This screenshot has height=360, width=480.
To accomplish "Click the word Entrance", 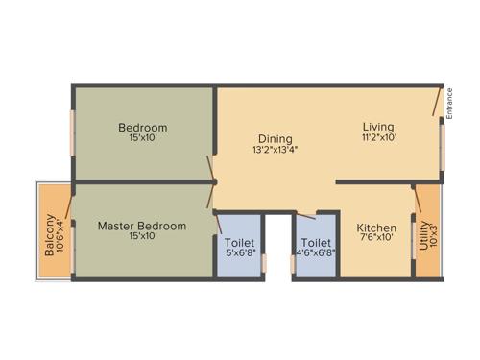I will [x=449, y=103].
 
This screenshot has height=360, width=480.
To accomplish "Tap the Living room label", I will [x=377, y=126].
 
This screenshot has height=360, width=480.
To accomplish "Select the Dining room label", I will [x=275, y=138].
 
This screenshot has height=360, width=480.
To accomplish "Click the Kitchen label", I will [x=376, y=228].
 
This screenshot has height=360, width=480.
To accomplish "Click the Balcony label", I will [x=48, y=232].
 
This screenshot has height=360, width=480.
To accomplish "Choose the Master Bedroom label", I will [x=142, y=226].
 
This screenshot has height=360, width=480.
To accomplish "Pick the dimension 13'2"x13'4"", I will [x=275, y=150].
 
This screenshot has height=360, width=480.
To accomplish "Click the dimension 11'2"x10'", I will [x=377, y=137].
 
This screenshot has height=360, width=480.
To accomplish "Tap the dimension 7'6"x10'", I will [x=376, y=238].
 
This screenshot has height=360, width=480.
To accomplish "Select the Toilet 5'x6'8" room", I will [x=238, y=248].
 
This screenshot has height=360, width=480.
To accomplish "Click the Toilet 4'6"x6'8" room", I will [x=316, y=248].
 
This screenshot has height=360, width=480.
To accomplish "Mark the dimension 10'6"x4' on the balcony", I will [x=60, y=232].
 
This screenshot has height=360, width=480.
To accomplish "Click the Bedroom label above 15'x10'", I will [x=143, y=128].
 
